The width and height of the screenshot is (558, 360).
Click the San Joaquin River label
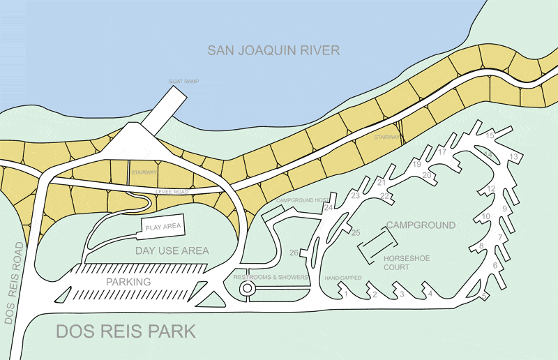point(273,50)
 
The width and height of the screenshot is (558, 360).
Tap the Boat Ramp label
point(184,82)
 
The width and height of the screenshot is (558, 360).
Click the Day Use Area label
point(172,250)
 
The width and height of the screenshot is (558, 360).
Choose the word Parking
point(128,282)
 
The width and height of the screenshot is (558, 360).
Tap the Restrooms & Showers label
point(271,278)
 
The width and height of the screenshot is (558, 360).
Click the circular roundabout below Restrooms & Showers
point(246,289)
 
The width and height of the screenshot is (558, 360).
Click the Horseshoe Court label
point(406,262)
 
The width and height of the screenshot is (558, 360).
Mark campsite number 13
point(514,157)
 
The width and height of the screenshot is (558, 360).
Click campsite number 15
point(490,135)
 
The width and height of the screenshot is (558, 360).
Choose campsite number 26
point(294,253)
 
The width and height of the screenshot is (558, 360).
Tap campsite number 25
point(356,232)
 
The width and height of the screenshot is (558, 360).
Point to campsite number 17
point(442,151)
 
